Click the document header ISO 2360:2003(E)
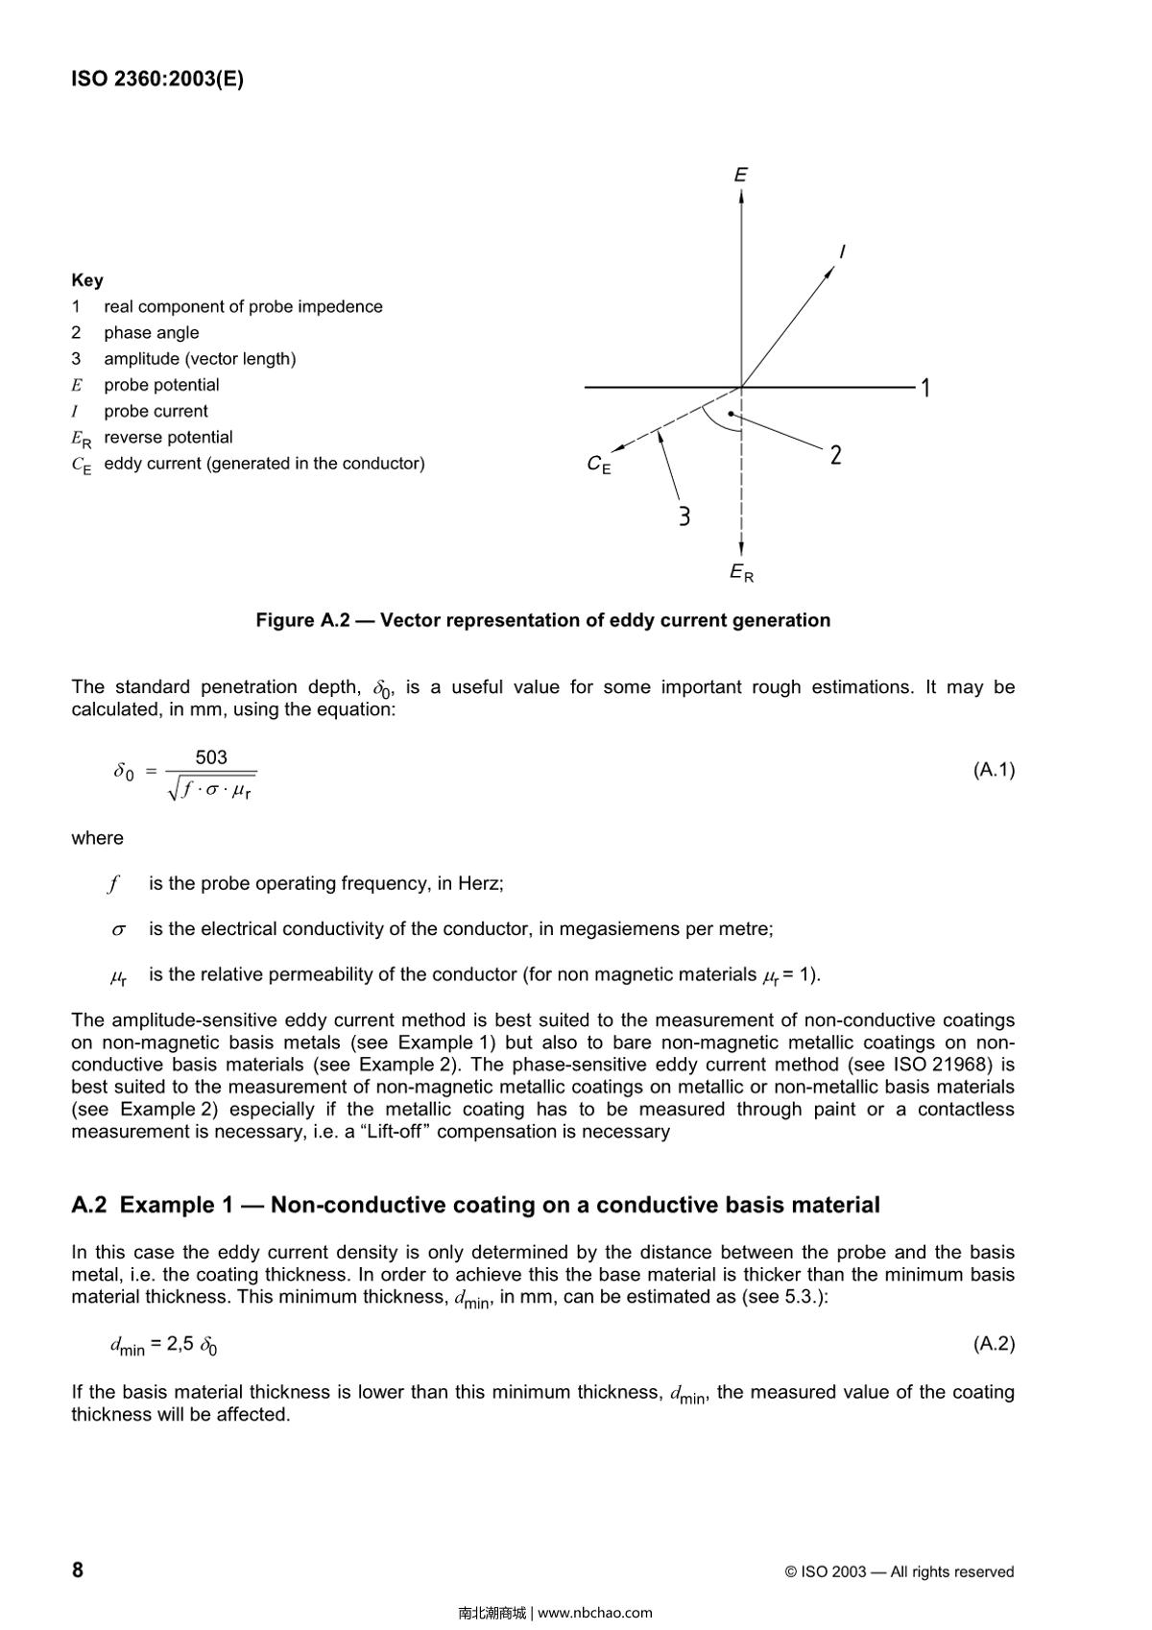point(157,79)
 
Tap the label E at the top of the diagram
point(741,175)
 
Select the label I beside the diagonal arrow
point(842,252)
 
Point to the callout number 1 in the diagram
point(925,388)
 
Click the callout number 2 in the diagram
point(836,455)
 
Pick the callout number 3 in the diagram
point(684,516)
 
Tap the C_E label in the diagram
point(598,465)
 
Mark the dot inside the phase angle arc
point(731,414)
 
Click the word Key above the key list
point(87,280)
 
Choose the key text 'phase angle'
point(152,332)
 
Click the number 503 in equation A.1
point(211,757)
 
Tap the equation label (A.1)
point(994,769)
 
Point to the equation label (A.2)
point(994,1343)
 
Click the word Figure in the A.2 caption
point(284,620)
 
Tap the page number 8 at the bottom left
point(78,1570)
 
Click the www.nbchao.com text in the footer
point(595,1613)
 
